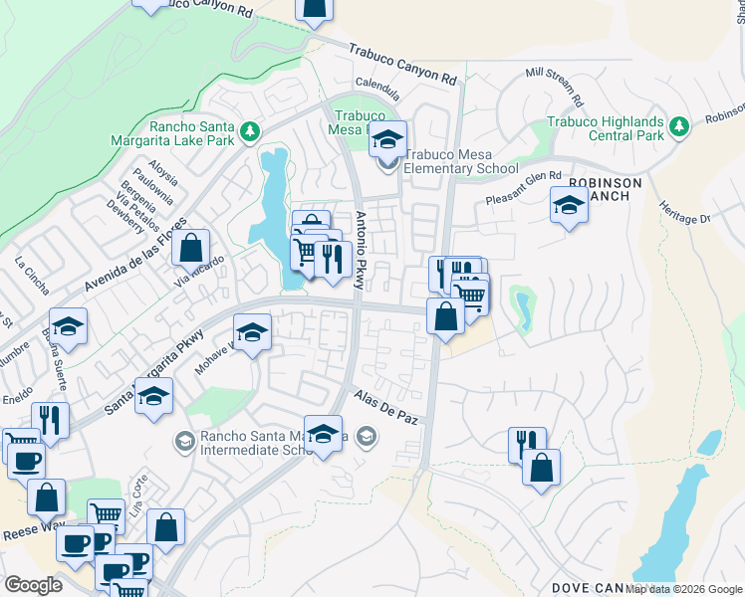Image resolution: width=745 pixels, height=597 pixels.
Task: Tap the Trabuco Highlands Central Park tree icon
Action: pyautogui.click(x=679, y=126)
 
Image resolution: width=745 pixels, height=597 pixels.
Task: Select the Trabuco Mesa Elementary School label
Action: pyautogui.click(x=460, y=162)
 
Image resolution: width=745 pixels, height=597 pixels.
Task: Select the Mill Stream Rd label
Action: pyautogui.click(x=553, y=87)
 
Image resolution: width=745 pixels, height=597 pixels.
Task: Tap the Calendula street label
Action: pyautogui.click(x=378, y=89)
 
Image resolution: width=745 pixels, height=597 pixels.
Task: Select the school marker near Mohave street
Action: pyautogui.click(x=252, y=332)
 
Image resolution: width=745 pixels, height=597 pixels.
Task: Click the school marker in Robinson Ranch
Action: pyautogui.click(x=569, y=205)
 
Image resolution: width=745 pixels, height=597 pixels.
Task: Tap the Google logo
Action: pyautogui.click(x=32, y=585)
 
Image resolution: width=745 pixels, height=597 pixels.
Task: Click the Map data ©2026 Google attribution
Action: pyautogui.click(x=682, y=589)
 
